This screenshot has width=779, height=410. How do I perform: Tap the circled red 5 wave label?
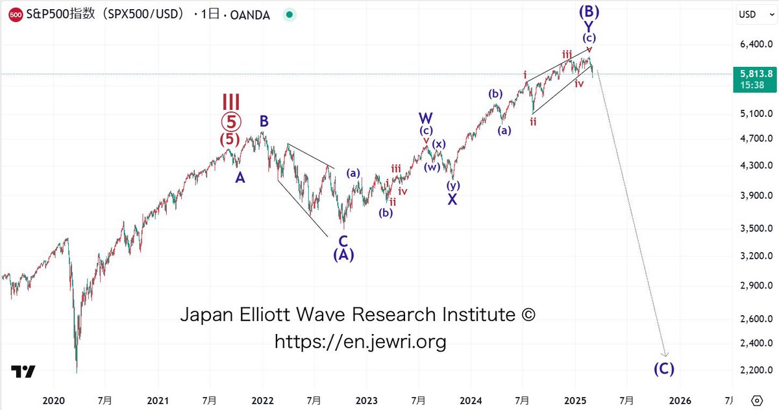[231, 121]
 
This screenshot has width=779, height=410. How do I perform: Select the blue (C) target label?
[663, 368]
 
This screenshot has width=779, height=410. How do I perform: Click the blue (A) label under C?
[343, 255]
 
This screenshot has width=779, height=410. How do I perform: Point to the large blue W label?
[426, 118]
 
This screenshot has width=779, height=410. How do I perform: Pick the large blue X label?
[452, 199]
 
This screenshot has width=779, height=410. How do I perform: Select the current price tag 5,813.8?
[750, 73]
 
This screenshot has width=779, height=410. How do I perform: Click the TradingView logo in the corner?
[23, 372]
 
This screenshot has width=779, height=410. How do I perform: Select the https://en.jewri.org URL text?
[360, 341]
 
